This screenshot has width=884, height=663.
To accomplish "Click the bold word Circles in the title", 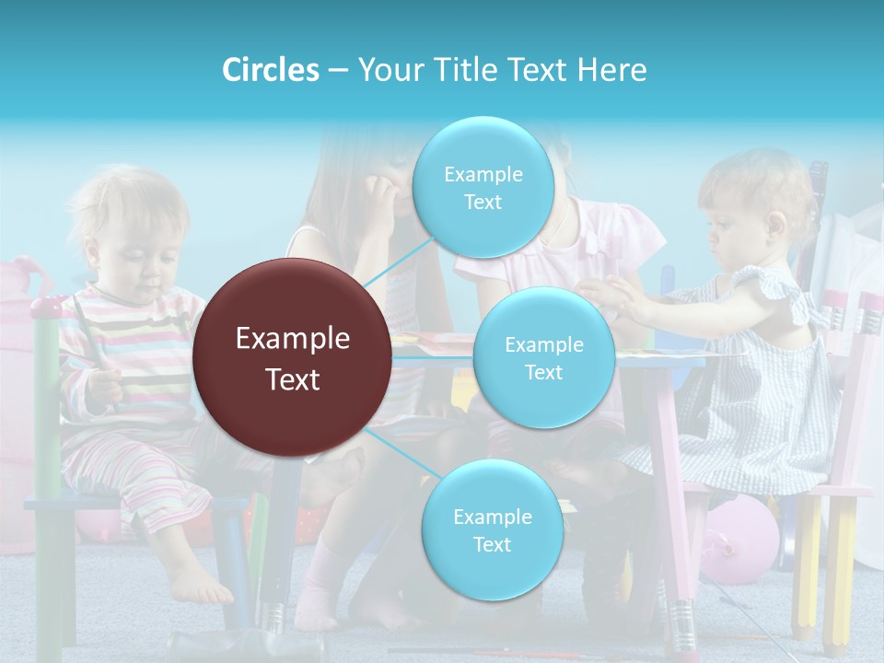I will click(x=270, y=69).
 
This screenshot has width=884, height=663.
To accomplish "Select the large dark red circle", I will click(x=293, y=357).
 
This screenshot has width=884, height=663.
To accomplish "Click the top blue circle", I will click(x=483, y=187).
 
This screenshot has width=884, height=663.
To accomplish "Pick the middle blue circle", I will click(x=543, y=357).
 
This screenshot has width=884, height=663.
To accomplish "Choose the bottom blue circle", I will click(x=492, y=529).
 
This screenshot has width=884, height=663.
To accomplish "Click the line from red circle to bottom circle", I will click(x=398, y=451).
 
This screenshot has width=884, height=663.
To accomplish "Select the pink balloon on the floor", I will click(x=741, y=539).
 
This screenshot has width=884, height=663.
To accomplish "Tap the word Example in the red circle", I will click(x=293, y=339).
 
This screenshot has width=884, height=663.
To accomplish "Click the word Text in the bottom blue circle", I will click(x=492, y=544).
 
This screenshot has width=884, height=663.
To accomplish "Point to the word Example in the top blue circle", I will click(x=483, y=174).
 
